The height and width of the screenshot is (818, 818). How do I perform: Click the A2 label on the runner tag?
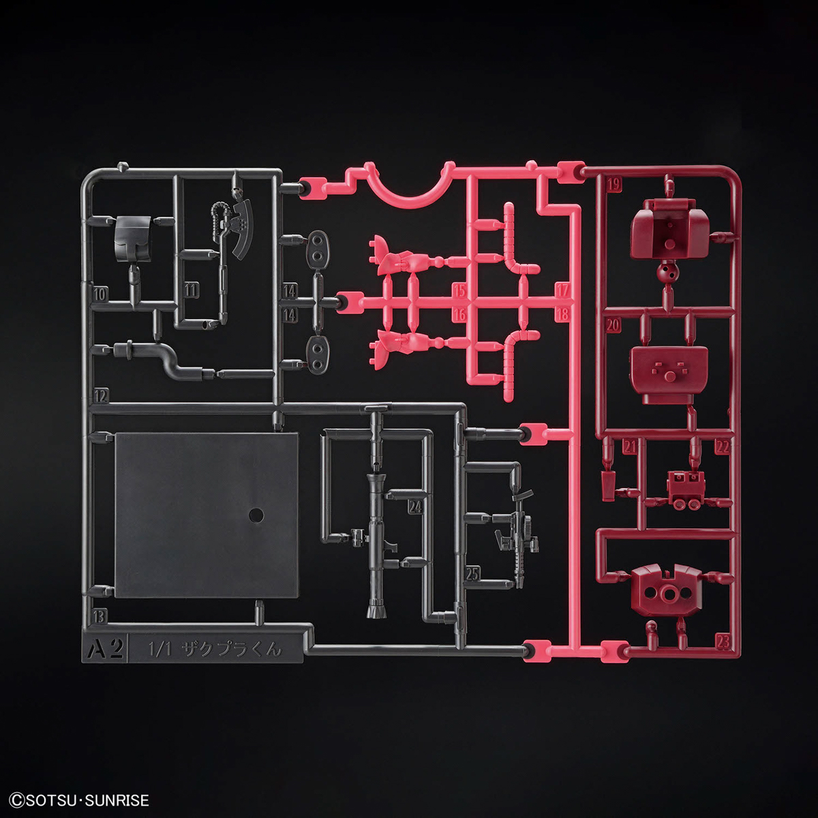[104, 648]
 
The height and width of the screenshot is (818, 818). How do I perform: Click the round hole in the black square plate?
[257, 515]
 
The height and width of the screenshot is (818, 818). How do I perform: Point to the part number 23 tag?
[724, 641]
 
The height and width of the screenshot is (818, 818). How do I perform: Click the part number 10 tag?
[100, 294]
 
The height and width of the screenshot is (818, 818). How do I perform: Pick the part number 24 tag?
[414, 506]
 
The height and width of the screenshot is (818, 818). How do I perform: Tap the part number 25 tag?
[472, 574]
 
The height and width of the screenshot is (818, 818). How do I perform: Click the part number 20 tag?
[613, 325]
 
